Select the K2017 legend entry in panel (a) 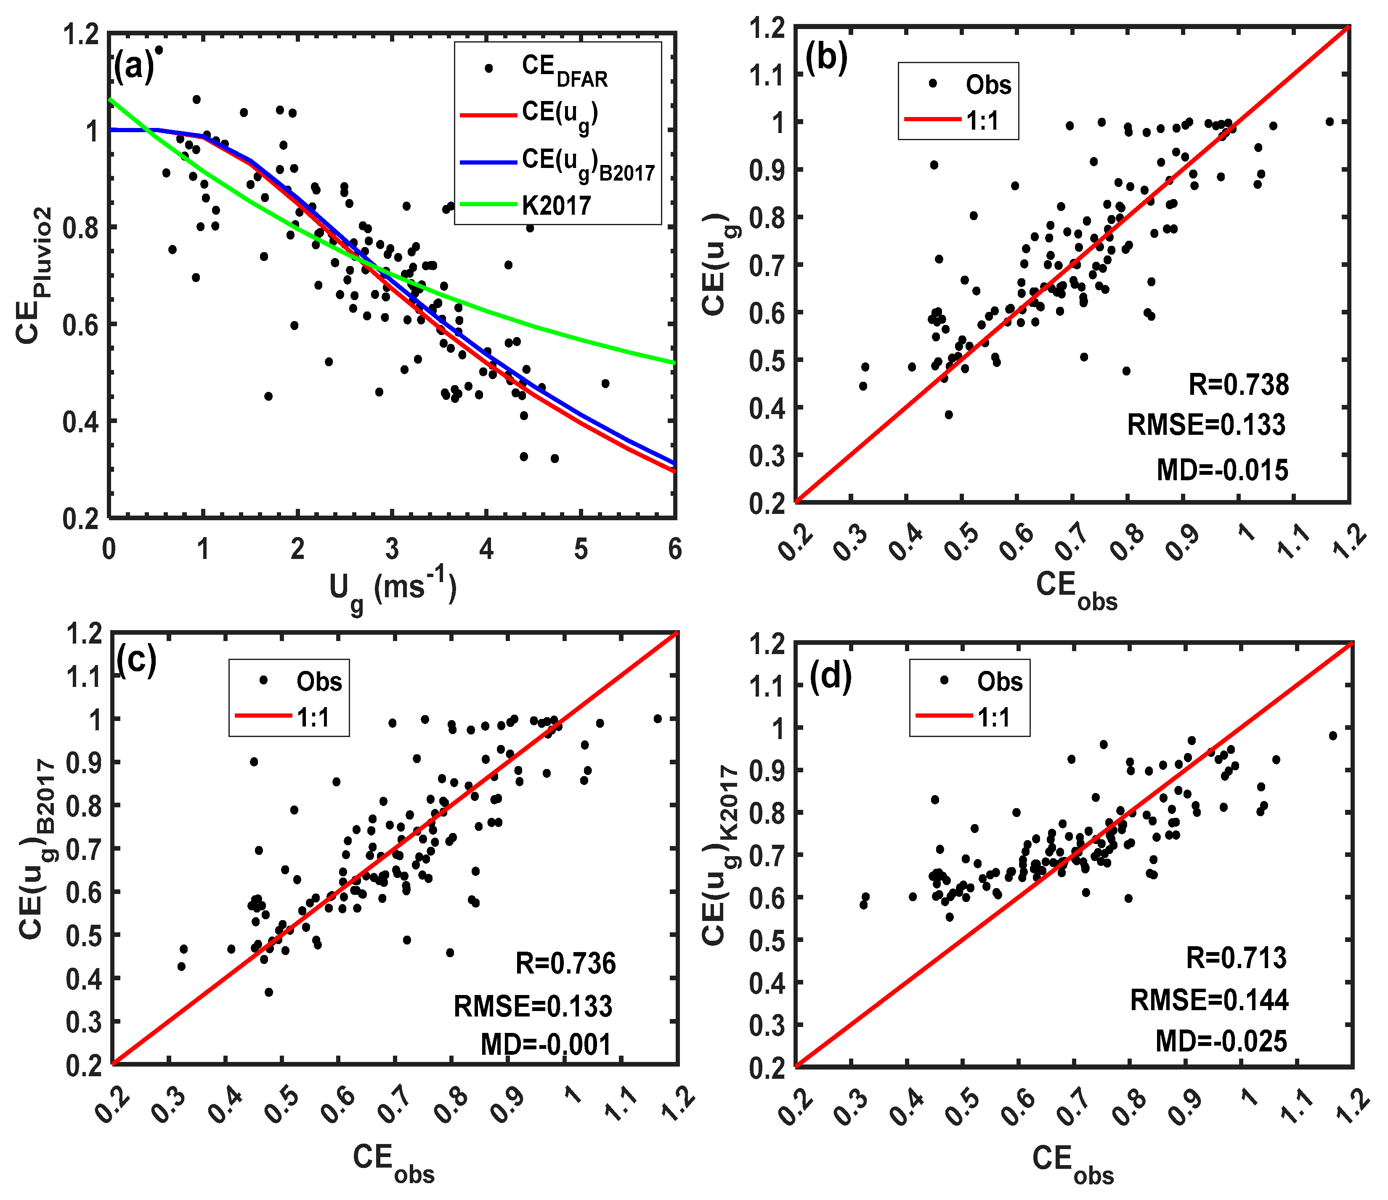coord(556,205)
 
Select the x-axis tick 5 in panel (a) coord(581,549)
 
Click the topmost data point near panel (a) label coord(159,50)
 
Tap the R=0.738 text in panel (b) coord(1238,385)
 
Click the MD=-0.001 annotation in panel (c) coord(546,1045)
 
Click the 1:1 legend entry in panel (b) coord(982,121)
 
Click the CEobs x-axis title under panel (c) coord(394,1161)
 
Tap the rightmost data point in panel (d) coord(1332,736)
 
